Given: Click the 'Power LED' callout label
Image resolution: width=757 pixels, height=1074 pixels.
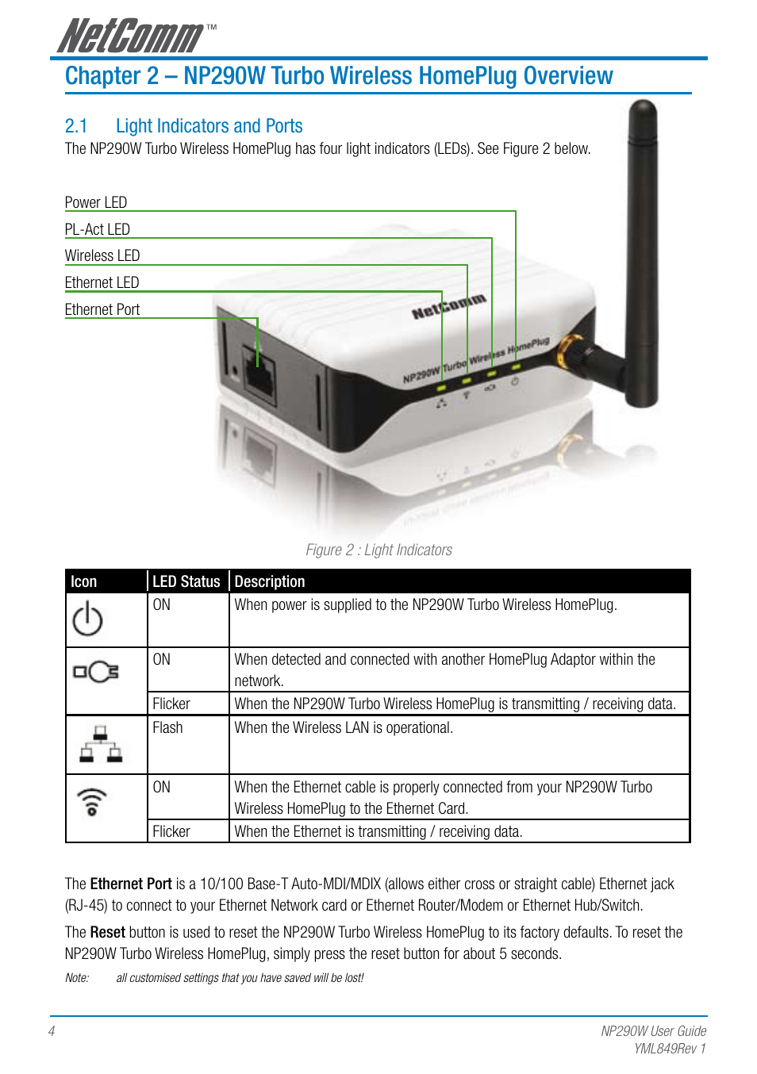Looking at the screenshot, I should (95, 202).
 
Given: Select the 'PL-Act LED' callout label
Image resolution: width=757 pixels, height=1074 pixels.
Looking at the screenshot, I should (97, 229).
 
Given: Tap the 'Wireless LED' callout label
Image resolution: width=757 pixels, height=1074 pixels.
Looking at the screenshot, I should (102, 255).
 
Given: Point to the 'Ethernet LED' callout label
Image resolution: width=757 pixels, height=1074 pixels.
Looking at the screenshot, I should (102, 282).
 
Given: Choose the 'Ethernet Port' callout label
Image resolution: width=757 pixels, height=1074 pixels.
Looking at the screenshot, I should (102, 309).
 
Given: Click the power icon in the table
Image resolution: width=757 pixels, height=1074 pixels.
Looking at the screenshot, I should (87, 619).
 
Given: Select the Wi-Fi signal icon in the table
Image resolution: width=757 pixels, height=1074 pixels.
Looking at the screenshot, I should (92, 802).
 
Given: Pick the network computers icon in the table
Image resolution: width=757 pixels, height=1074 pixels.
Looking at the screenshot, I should (101, 744).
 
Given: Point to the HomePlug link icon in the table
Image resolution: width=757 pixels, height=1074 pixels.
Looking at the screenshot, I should (96, 672).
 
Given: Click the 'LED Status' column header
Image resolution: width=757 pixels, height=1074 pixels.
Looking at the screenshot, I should (186, 581).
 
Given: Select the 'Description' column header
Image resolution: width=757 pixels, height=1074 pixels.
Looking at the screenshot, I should (270, 581).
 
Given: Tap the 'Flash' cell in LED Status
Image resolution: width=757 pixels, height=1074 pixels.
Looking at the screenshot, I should (167, 727).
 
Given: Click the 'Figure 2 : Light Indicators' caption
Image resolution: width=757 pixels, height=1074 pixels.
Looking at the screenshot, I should (378, 550).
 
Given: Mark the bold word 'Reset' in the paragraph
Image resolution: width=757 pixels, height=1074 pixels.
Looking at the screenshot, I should (107, 932).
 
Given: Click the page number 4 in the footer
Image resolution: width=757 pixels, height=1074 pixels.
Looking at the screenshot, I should (52, 1031).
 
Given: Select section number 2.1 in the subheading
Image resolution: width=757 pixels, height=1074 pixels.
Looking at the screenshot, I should (76, 126).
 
